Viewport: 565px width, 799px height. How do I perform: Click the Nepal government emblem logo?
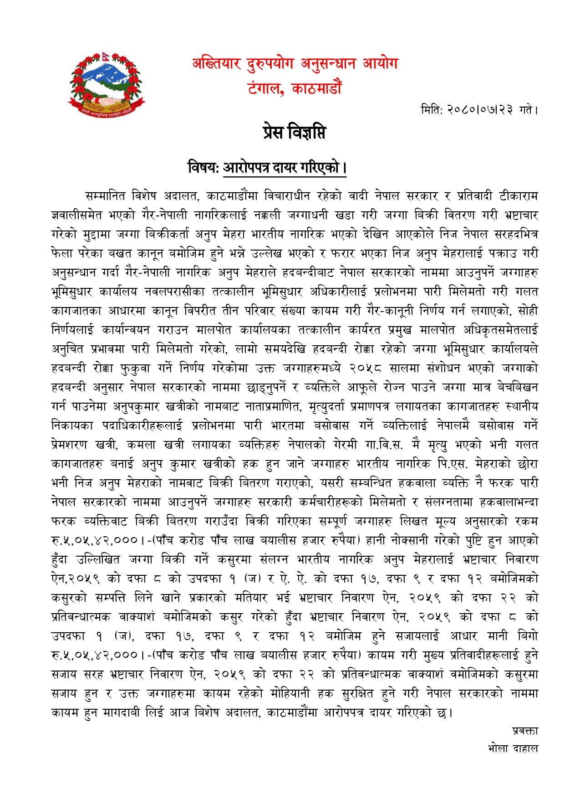tap(107, 84)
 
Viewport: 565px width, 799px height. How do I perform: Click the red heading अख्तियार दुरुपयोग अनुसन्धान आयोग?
tap(295, 64)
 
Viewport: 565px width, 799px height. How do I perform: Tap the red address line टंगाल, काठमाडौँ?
tap(295, 88)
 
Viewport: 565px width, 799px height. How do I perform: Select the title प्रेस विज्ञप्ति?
tap(295, 133)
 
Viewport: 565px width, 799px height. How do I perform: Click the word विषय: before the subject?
tap(204, 168)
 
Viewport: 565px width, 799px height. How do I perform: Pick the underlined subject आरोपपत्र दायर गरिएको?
tap(282, 168)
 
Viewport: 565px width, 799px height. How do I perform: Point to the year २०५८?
tap(365, 368)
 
